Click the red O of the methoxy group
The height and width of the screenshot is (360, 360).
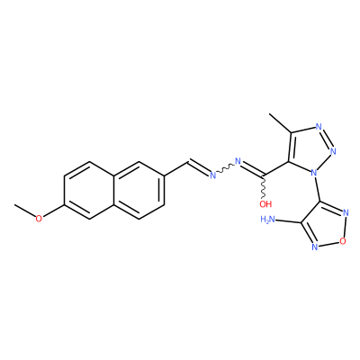[x=39, y=219]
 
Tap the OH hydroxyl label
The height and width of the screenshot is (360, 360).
[x=265, y=204]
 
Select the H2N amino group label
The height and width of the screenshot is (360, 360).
[x=268, y=220]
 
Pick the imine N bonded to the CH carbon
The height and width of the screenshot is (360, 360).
[x=213, y=175]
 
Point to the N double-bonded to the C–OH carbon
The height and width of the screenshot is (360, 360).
[x=238, y=161]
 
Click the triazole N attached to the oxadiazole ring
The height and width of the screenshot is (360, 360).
[x=314, y=173]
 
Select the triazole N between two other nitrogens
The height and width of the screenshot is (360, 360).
[x=333, y=150]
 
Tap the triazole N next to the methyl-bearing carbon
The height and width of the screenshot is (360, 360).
[x=319, y=126]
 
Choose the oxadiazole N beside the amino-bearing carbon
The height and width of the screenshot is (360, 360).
[x=314, y=247]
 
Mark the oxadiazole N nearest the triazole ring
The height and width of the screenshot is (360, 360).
[x=346, y=212]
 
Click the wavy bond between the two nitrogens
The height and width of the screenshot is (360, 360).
[x=225, y=168]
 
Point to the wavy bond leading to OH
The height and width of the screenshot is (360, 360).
[x=264, y=186]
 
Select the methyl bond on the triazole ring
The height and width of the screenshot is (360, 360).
[x=280, y=123]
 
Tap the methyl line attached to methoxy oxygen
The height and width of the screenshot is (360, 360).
[x=25, y=211]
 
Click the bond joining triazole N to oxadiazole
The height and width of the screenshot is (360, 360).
[x=316, y=189]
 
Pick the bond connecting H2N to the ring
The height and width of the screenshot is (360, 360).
[x=288, y=221]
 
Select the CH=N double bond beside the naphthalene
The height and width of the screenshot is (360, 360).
[x=199, y=168]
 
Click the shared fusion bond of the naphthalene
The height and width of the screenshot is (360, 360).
[x=114, y=190]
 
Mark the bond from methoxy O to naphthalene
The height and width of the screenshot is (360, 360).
[x=53, y=211]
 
